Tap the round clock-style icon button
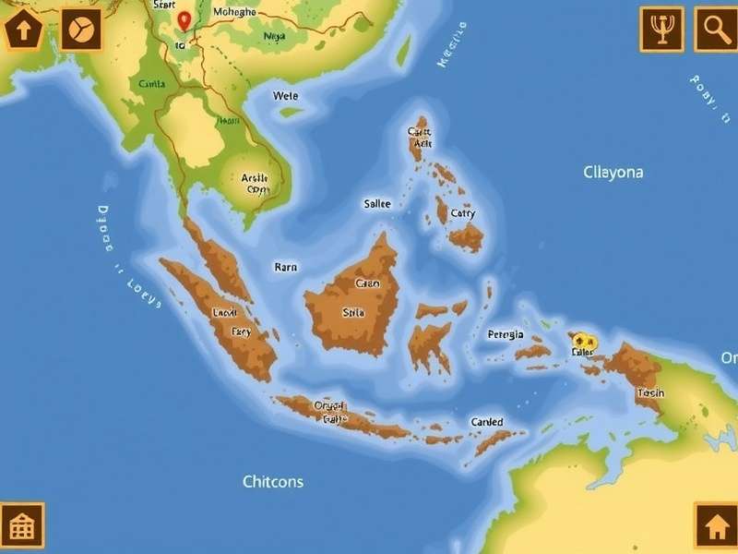click(80, 30)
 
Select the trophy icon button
click(661, 30)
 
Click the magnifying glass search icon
click(716, 30)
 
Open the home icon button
click(716, 526)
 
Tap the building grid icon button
click(21, 526)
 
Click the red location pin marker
click(184, 20)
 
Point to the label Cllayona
click(613, 172)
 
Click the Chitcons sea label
click(273, 481)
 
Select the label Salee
click(377, 204)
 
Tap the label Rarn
click(286, 267)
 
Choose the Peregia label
click(506, 334)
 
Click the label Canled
click(487, 422)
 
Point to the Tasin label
click(649, 392)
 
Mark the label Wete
click(286, 95)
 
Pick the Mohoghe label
click(234, 12)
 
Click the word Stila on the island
click(353, 312)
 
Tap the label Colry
click(463, 213)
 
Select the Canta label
click(151, 83)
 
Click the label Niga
click(274, 37)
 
